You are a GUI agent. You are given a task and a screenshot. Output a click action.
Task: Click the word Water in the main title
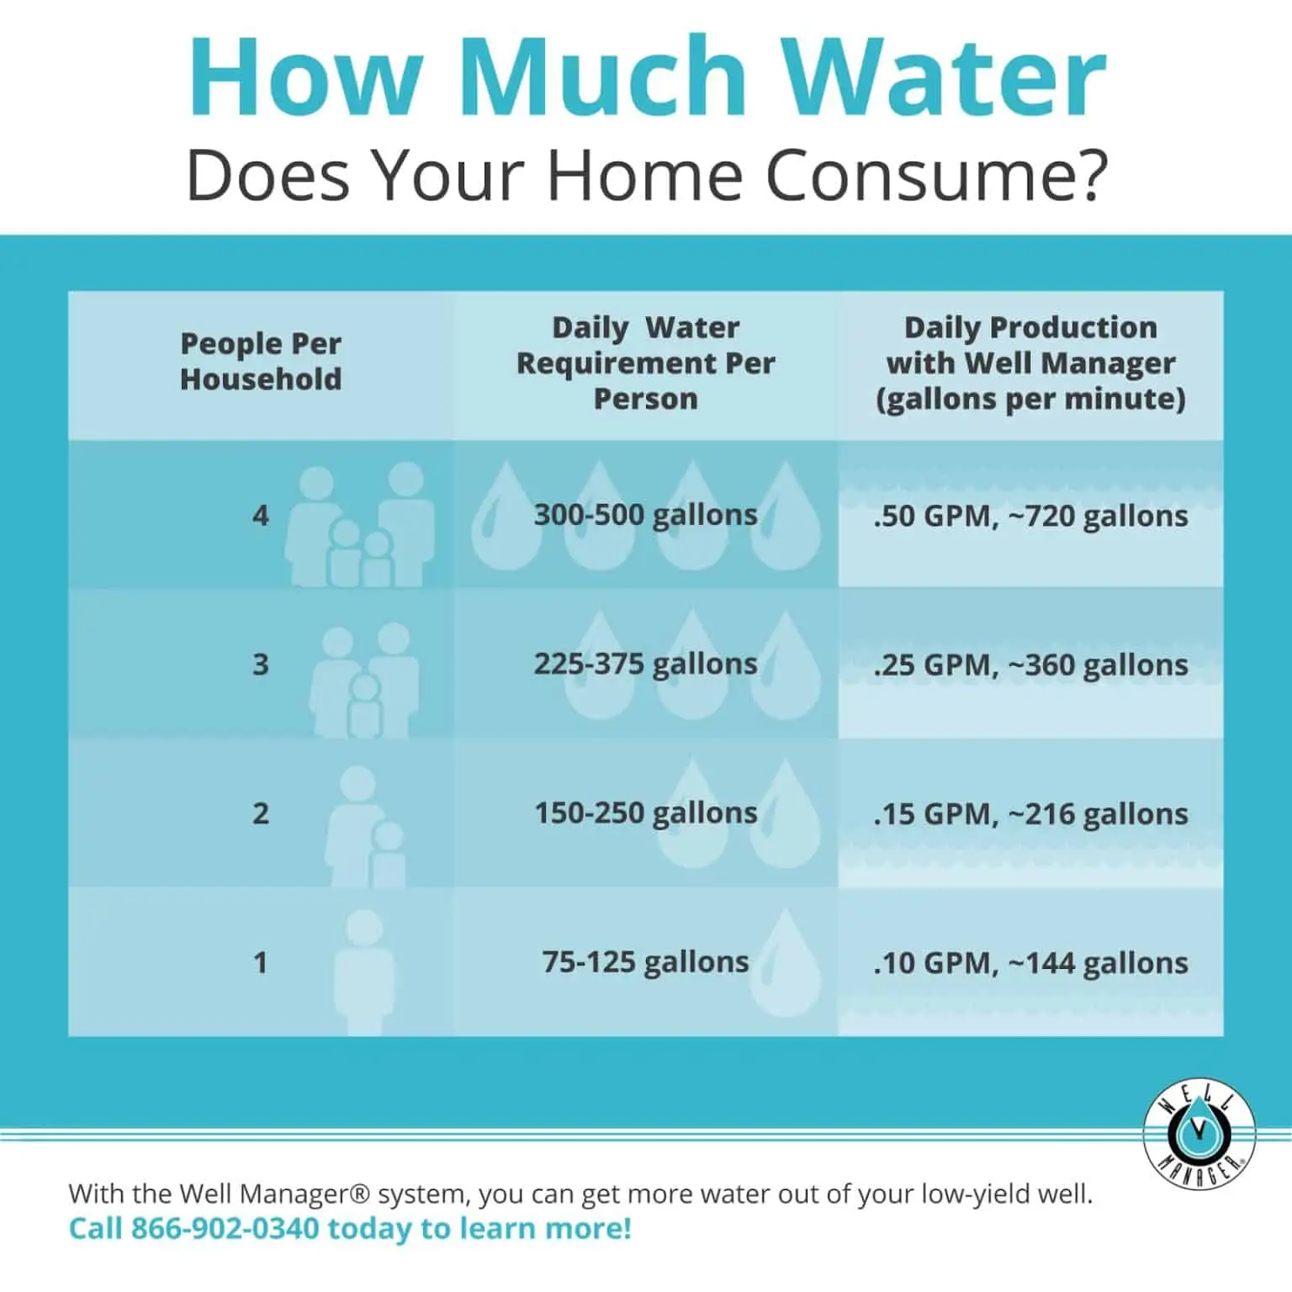coord(949,77)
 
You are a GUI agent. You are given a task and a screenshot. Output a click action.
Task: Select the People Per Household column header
coord(261,362)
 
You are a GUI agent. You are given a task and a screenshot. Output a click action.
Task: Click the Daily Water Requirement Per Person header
coord(645,363)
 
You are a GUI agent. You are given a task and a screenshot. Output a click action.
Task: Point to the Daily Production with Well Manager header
coord(1030,363)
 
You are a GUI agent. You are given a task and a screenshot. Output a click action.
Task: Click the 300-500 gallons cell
coord(645,514)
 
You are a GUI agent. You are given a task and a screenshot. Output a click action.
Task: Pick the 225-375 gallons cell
coord(645,664)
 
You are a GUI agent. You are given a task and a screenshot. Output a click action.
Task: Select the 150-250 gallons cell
coord(645,813)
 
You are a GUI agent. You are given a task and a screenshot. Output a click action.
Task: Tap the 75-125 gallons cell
coord(645,961)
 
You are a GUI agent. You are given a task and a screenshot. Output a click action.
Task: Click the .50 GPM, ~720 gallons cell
coord(1030,516)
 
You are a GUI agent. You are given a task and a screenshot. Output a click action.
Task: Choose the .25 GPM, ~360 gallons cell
coord(1030,665)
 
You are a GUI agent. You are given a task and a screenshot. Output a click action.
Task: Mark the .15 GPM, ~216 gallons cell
coord(1030,813)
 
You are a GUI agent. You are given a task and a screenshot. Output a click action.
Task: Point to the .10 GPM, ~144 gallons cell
coord(1030,962)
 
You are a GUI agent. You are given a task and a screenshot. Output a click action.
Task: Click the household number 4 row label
coord(261,515)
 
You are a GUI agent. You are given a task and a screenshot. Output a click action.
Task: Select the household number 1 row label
coord(261,961)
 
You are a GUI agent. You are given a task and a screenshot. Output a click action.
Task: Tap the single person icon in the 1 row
coord(363,972)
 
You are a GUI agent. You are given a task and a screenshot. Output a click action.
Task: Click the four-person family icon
coord(360,524)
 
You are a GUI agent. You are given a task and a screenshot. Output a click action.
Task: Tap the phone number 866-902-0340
coord(225,1228)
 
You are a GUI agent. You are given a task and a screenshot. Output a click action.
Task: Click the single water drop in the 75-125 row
coord(786,962)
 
